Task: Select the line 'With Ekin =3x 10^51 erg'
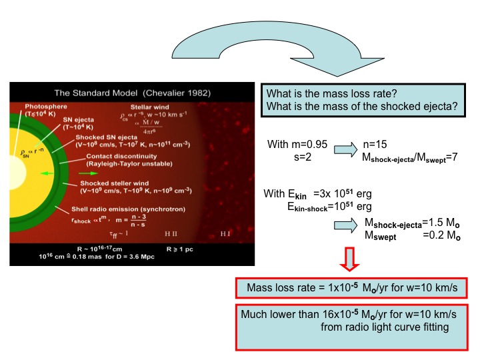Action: [x=318, y=193]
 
